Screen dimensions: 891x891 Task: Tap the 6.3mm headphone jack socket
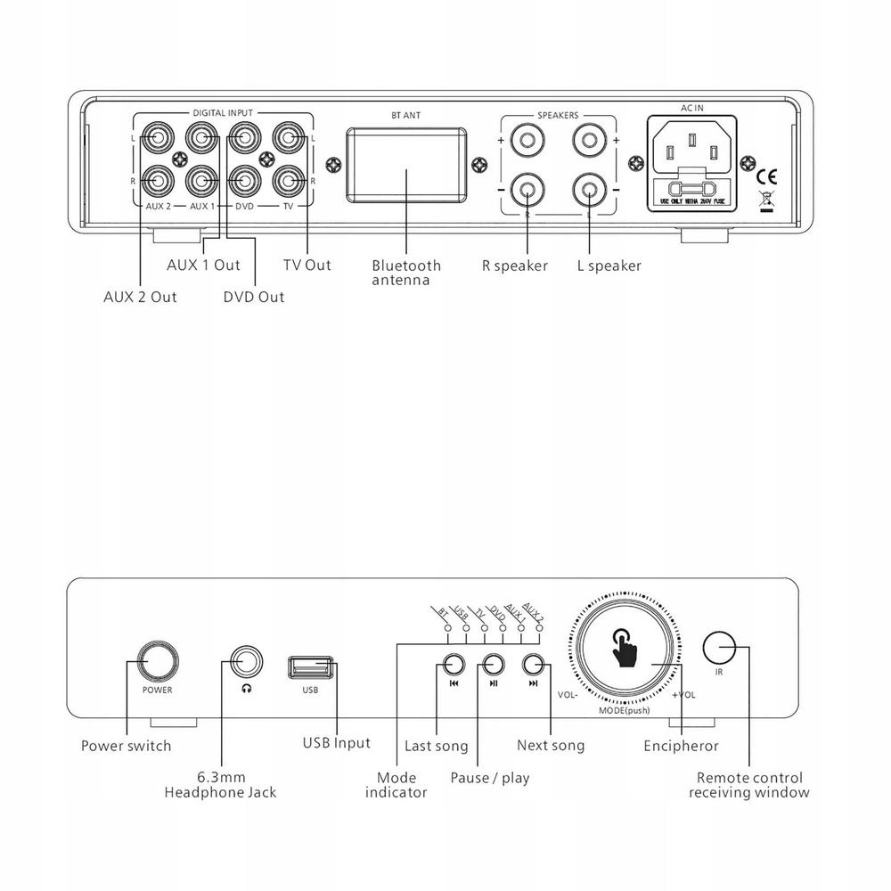click(x=247, y=661)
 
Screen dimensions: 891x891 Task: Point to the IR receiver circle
click(x=719, y=647)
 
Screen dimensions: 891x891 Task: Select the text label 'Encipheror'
click(x=681, y=746)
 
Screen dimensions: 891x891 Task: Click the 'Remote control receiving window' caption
click(x=749, y=785)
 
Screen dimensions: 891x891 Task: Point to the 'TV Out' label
click(x=307, y=265)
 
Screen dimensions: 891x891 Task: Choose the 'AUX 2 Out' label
click(x=140, y=297)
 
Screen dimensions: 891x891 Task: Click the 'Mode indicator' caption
click(x=396, y=785)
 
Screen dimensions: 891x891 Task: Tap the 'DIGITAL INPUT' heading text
click(x=223, y=113)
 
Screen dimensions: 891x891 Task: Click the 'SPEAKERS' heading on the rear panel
click(x=558, y=116)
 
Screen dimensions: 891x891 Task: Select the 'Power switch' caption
click(x=126, y=746)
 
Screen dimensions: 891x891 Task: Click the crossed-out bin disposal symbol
click(x=765, y=201)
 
